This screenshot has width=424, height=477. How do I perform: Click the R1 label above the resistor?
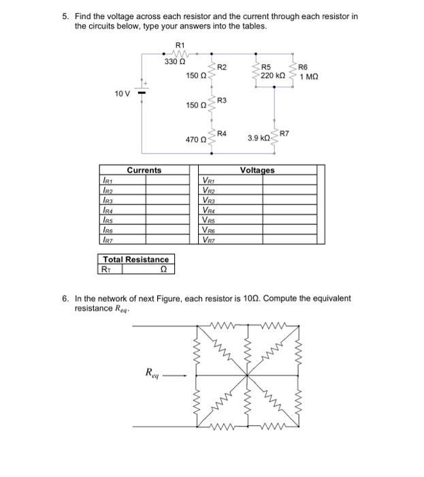tap(180, 45)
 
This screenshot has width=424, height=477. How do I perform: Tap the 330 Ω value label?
tap(174, 61)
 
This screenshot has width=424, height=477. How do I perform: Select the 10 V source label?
tap(123, 93)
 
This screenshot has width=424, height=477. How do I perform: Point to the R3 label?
tap(222, 101)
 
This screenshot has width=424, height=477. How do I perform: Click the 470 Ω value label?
tap(195, 139)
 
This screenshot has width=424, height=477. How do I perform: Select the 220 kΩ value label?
tap(272, 76)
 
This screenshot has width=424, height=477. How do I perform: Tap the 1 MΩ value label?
tap(308, 76)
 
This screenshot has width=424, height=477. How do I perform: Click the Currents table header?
tap(144, 170)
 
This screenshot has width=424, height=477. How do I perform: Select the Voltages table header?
tap(257, 170)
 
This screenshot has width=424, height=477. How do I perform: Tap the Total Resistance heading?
tap(135, 260)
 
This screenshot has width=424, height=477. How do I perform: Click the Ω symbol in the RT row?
tap(163, 269)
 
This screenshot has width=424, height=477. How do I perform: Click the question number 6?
tap(65, 298)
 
